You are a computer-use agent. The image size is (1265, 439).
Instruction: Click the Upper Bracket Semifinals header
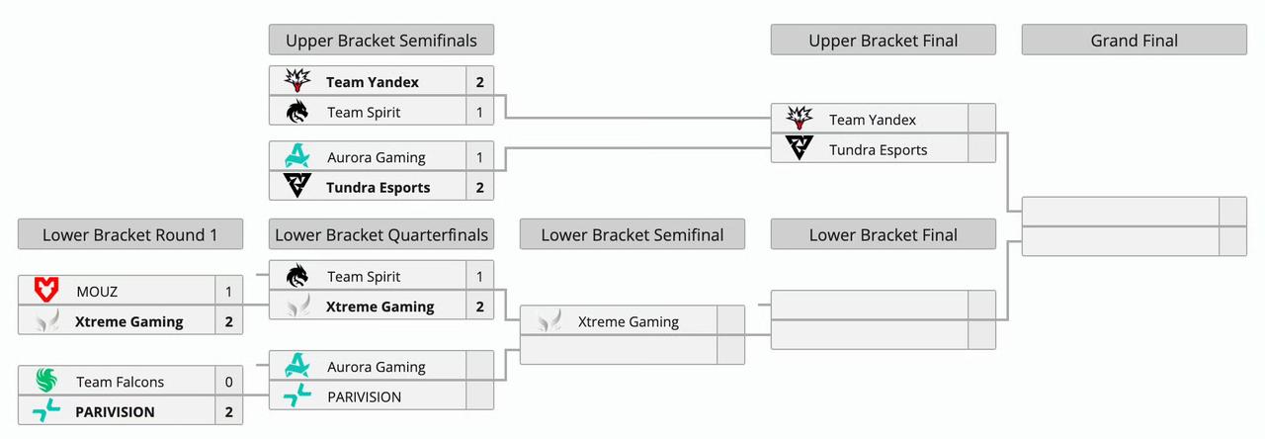click(380, 41)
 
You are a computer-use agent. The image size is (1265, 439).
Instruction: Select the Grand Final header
click(1134, 41)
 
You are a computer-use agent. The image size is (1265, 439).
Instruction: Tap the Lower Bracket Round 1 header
click(129, 234)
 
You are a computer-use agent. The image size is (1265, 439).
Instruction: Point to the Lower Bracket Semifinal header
click(632, 234)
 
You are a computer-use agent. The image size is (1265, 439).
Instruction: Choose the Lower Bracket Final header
click(883, 234)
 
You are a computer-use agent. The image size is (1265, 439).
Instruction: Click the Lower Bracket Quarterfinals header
click(380, 234)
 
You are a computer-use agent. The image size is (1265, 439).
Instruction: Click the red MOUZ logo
click(46, 292)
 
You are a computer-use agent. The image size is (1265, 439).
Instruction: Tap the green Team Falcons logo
click(46, 382)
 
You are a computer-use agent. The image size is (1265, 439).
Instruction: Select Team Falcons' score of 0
click(229, 382)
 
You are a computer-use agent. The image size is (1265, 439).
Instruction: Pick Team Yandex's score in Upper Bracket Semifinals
click(480, 82)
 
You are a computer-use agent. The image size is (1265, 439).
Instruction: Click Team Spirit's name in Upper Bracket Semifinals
click(364, 113)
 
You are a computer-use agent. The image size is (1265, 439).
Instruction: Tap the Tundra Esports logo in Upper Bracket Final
click(799, 149)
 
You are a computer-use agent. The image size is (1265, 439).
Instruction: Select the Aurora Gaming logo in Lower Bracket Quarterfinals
click(297, 367)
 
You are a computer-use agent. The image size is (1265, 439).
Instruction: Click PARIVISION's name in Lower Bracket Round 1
click(115, 411)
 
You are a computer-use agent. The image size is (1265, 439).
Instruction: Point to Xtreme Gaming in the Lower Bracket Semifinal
click(628, 321)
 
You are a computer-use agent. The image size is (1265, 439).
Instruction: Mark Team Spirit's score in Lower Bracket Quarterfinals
click(480, 277)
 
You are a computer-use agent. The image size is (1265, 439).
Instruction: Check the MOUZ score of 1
click(229, 292)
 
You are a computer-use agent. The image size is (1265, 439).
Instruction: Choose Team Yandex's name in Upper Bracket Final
click(872, 120)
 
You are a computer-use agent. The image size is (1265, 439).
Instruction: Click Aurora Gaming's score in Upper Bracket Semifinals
click(480, 157)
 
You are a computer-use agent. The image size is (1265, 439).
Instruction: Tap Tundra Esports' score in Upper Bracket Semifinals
click(480, 187)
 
